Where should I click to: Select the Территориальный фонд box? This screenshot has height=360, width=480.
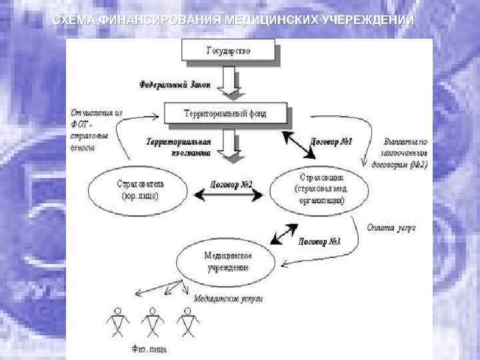[x=226, y=114]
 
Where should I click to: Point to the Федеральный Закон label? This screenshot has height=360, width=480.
[x=175, y=85]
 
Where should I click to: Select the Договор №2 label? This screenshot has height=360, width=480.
[x=231, y=184]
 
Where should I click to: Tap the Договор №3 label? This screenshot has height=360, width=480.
[x=319, y=241]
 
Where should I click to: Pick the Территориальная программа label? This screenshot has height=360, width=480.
[x=178, y=147]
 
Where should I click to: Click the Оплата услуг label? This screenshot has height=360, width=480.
[x=391, y=227]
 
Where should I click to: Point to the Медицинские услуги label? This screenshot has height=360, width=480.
[x=228, y=299]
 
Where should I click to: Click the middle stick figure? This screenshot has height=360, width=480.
[x=153, y=323]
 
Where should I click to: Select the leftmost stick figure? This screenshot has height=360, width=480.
[x=118, y=323]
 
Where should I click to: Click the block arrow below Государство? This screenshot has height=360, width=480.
[x=229, y=80]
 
